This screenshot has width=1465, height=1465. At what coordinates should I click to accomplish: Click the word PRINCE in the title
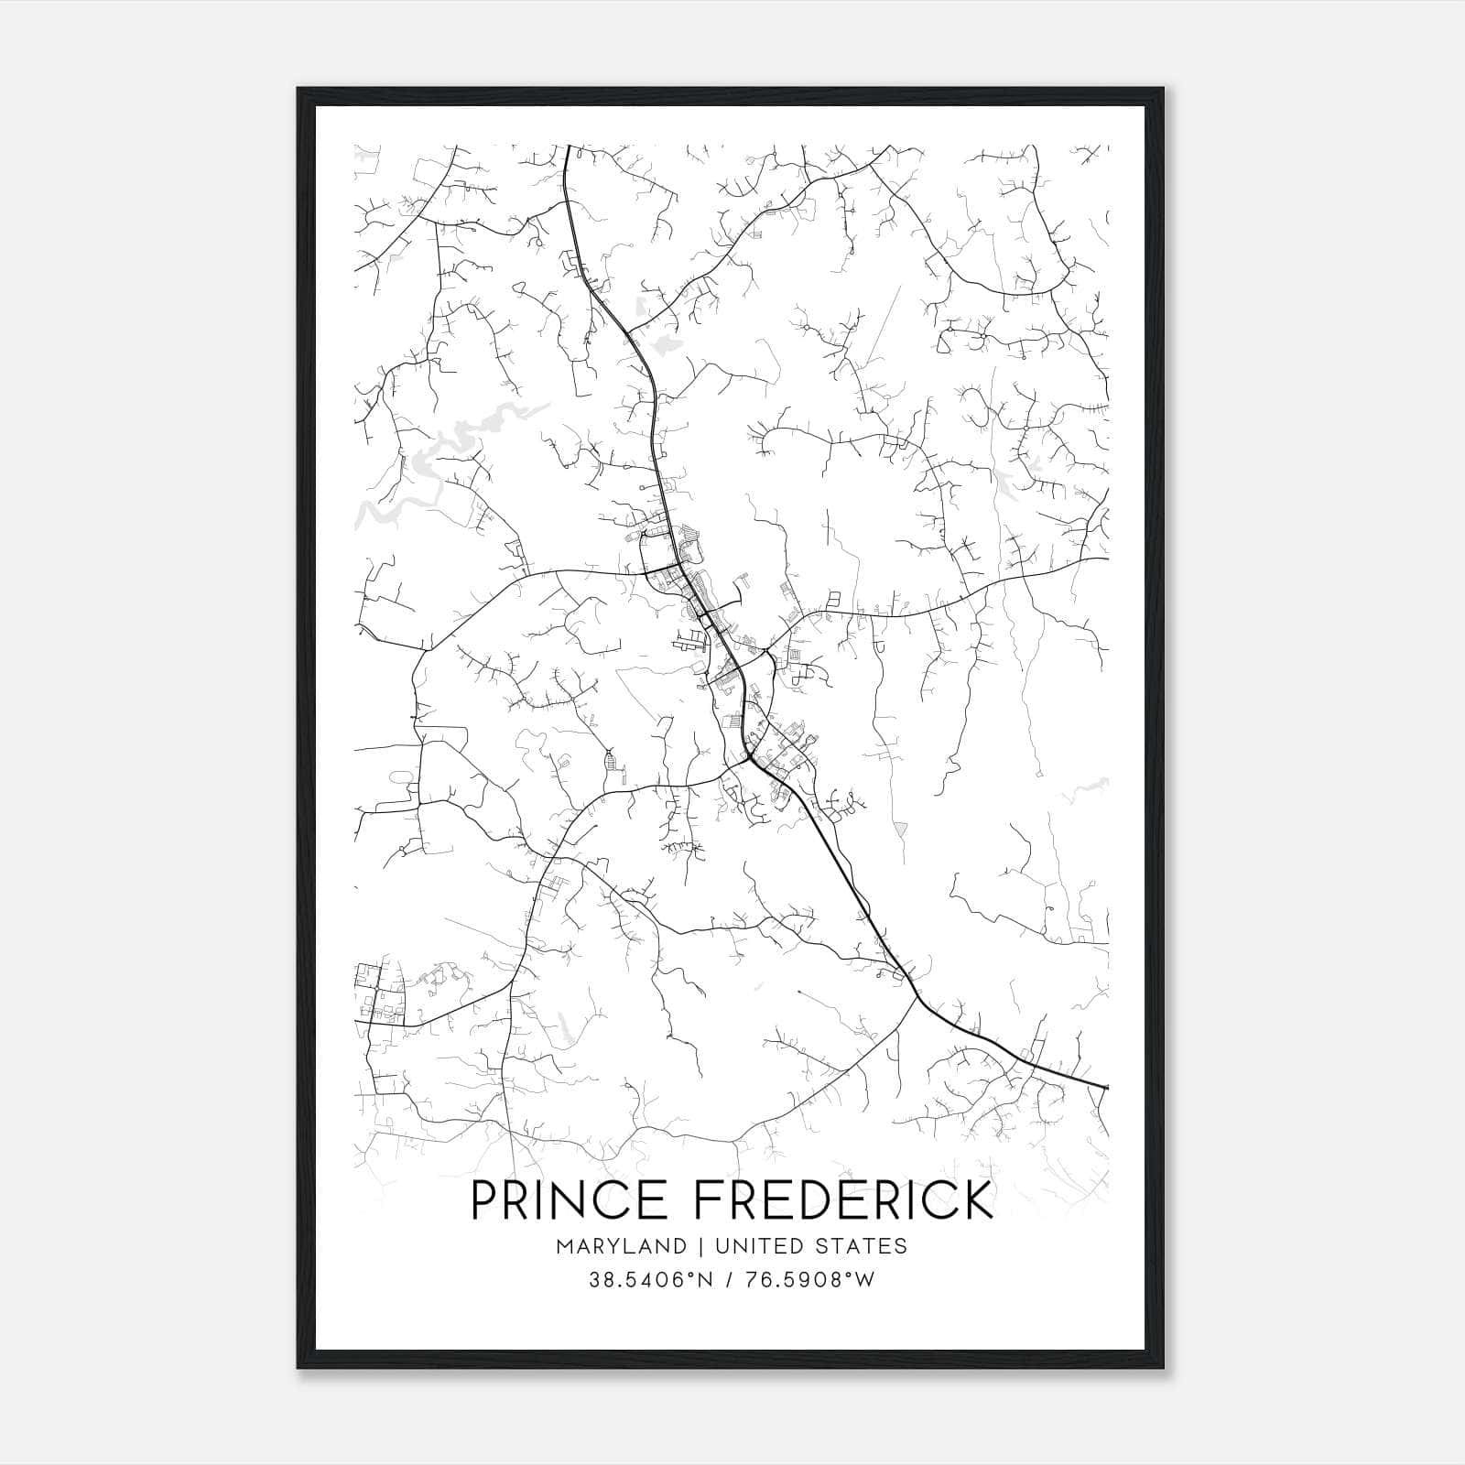(x=570, y=1199)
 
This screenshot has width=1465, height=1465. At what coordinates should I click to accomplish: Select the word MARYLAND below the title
(x=621, y=1246)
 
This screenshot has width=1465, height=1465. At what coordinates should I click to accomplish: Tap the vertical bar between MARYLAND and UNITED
(x=700, y=1246)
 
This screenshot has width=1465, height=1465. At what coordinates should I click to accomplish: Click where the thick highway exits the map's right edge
(x=1106, y=1088)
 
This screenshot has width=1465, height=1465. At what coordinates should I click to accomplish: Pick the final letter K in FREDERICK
(x=979, y=1199)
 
